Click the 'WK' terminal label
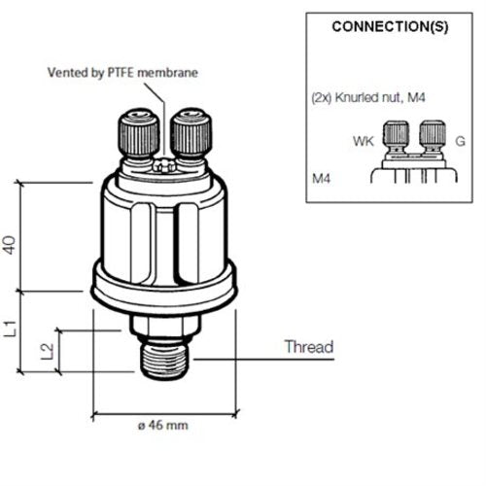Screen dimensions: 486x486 tap(362, 142)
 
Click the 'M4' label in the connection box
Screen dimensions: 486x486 tap(322, 180)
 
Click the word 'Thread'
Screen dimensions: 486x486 tap(308, 347)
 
